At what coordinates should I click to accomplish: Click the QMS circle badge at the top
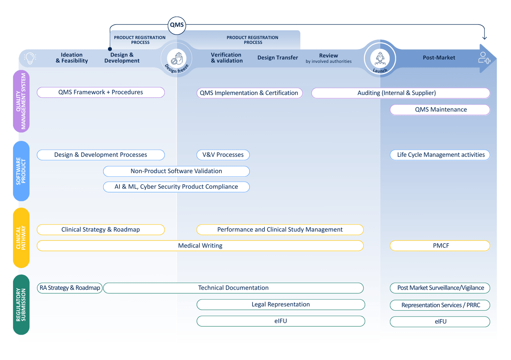[x=177, y=25]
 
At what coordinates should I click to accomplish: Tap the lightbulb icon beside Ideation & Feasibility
[x=30, y=58]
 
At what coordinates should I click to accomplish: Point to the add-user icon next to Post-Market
[x=484, y=58]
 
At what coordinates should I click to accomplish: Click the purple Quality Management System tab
[x=21, y=101]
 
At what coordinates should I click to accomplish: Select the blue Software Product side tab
[x=21, y=171]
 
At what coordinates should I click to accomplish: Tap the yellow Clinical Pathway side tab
[x=21, y=238]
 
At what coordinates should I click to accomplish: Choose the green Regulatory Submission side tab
[x=21, y=305]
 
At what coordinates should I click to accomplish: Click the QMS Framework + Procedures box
[x=100, y=92]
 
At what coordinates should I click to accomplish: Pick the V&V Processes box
[x=223, y=155]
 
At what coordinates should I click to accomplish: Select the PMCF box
[x=440, y=246]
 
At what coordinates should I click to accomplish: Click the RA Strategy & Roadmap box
[x=69, y=288]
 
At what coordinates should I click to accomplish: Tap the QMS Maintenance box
[x=440, y=110]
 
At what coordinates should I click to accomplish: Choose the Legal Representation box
[x=280, y=304]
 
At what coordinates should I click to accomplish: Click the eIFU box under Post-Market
[x=440, y=321]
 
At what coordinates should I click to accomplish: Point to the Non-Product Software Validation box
[x=176, y=171]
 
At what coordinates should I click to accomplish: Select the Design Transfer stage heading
[x=277, y=58]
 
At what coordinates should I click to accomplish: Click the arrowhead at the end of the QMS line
[x=484, y=37]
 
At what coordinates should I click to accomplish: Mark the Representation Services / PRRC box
[x=440, y=305]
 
